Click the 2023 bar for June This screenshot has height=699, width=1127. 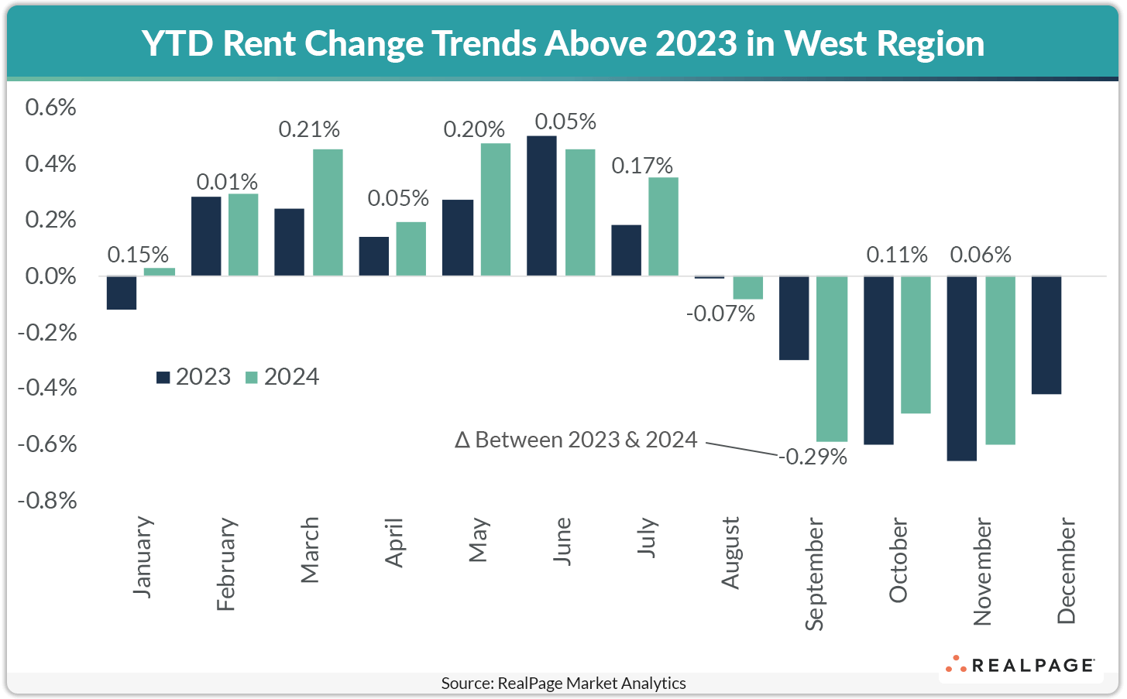click(541, 206)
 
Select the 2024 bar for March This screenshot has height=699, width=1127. click(328, 213)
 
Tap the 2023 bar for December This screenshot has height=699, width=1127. click(1046, 335)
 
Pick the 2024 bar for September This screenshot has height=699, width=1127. click(833, 359)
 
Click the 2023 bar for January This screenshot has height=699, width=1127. click(122, 293)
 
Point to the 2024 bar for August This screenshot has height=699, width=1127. click(748, 288)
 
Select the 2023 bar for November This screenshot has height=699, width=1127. click(962, 368)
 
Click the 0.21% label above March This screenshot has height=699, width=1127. click(309, 129)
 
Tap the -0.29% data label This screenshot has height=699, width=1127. click(813, 457)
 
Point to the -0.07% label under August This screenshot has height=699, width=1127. click(720, 314)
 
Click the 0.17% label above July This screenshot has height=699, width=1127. click(642, 166)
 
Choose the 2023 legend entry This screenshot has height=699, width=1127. click(194, 377)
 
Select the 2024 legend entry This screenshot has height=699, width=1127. click(282, 377)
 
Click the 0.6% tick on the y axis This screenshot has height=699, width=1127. click(51, 108)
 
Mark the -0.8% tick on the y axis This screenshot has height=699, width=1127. click(48, 501)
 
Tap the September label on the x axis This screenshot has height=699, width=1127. click(813, 574)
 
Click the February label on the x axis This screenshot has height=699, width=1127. click(225, 564)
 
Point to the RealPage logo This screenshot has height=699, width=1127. click(1019, 665)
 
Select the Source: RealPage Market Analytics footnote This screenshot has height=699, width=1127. click(563, 683)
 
